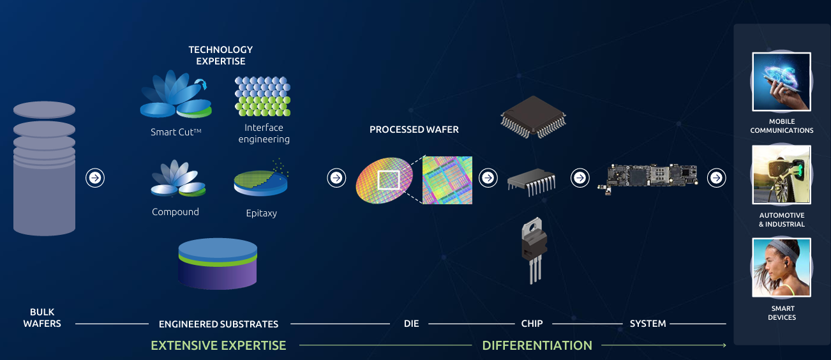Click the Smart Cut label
tap(176, 132)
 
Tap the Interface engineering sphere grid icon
tap(263, 96)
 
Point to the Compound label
tap(176, 212)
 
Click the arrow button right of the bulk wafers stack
tap(95, 178)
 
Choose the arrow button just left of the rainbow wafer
tap(336, 178)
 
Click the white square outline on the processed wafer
tap(389, 180)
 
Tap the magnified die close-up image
tap(447, 180)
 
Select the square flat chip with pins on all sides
tap(533, 117)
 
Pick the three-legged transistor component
tap(534, 250)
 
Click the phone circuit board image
tap(647, 178)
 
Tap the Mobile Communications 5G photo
tap(781, 82)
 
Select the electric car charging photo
tap(781, 174)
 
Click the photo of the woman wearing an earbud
tap(781, 267)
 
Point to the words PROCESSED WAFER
tap(414, 130)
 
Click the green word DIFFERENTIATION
tap(537, 345)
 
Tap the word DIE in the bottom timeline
tap(411, 324)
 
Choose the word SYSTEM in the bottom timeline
tap(648, 324)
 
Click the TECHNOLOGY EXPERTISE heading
tap(221, 56)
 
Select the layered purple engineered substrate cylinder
tap(218, 264)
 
